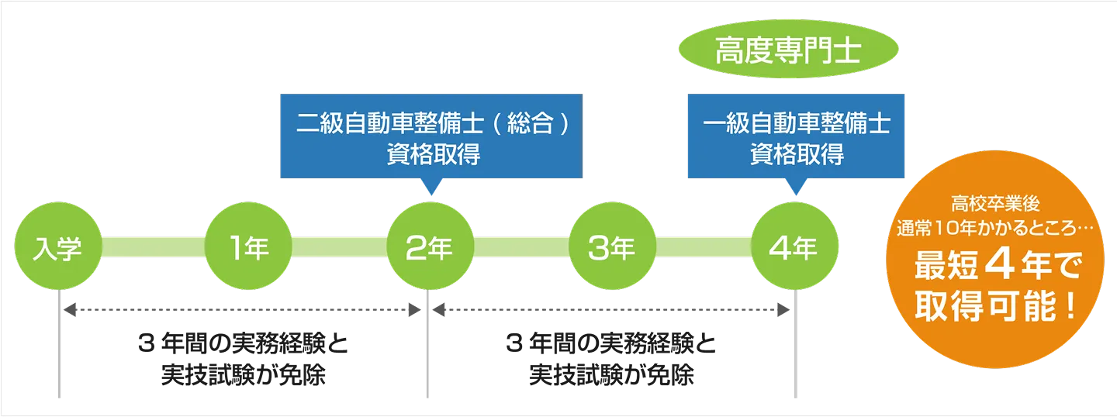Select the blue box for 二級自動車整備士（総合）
pyautogui.click(x=431, y=138)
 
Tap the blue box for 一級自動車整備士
pyautogui.click(x=796, y=138)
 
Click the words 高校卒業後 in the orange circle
pyautogui.click(x=999, y=206)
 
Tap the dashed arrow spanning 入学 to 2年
pyautogui.click(x=240, y=310)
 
